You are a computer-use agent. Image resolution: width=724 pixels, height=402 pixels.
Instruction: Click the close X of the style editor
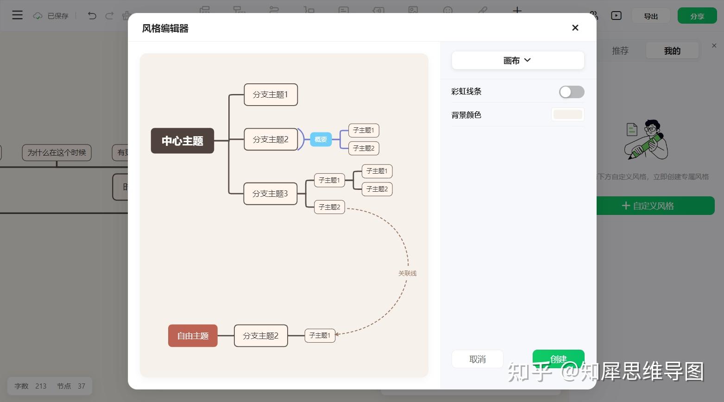pyautogui.click(x=575, y=28)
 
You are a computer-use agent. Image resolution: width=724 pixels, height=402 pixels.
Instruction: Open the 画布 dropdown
pyautogui.click(x=517, y=60)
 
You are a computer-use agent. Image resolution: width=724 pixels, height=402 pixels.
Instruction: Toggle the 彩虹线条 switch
pyautogui.click(x=571, y=92)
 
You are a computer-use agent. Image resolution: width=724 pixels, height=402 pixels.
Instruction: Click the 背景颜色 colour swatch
pyautogui.click(x=567, y=114)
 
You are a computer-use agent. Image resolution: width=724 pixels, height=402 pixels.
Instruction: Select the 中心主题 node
pyautogui.click(x=183, y=141)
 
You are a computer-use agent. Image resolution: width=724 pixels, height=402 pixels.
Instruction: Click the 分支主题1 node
pyautogui.click(x=271, y=94)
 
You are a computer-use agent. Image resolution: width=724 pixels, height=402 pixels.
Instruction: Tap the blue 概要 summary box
pyautogui.click(x=321, y=139)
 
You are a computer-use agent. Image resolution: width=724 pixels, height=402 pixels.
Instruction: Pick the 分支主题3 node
pyautogui.click(x=270, y=194)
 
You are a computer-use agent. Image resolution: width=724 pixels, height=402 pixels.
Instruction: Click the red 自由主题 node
pyautogui.click(x=193, y=336)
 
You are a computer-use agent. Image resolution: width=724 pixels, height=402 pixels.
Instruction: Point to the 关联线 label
pyautogui.click(x=407, y=273)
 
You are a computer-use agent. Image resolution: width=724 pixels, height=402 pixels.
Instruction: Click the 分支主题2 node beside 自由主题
pyautogui.click(x=260, y=336)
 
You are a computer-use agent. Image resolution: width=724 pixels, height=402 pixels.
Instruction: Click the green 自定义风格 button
pyautogui.click(x=655, y=206)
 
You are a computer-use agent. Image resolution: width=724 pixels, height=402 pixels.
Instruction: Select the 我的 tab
pyautogui.click(x=672, y=50)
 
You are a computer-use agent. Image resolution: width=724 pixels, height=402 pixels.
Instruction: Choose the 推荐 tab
pyautogui.click(x=620, y=50)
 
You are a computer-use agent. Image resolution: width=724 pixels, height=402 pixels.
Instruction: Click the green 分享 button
pyautogui.click(x=697, y=16)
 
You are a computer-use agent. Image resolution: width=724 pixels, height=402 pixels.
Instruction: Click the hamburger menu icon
pyautogui.click(x=17, y=15)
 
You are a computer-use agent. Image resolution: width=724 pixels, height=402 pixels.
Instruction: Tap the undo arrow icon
pyautogui.click(x=92, y=16)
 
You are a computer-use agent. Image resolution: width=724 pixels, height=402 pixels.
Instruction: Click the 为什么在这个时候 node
pyautogui.click(x=57, y=152)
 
